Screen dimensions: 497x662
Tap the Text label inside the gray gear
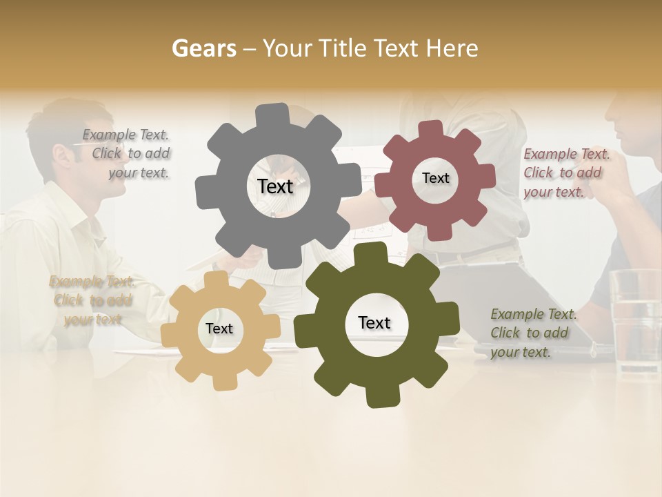(275, 186)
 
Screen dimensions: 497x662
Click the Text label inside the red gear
(435, 178)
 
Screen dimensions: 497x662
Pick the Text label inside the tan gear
(219, 329)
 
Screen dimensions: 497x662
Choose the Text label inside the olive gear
(374, 322)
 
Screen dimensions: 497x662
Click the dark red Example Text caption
(565, 173)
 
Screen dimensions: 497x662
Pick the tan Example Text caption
(92, 300)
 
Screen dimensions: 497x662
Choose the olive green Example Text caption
(532, 333)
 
